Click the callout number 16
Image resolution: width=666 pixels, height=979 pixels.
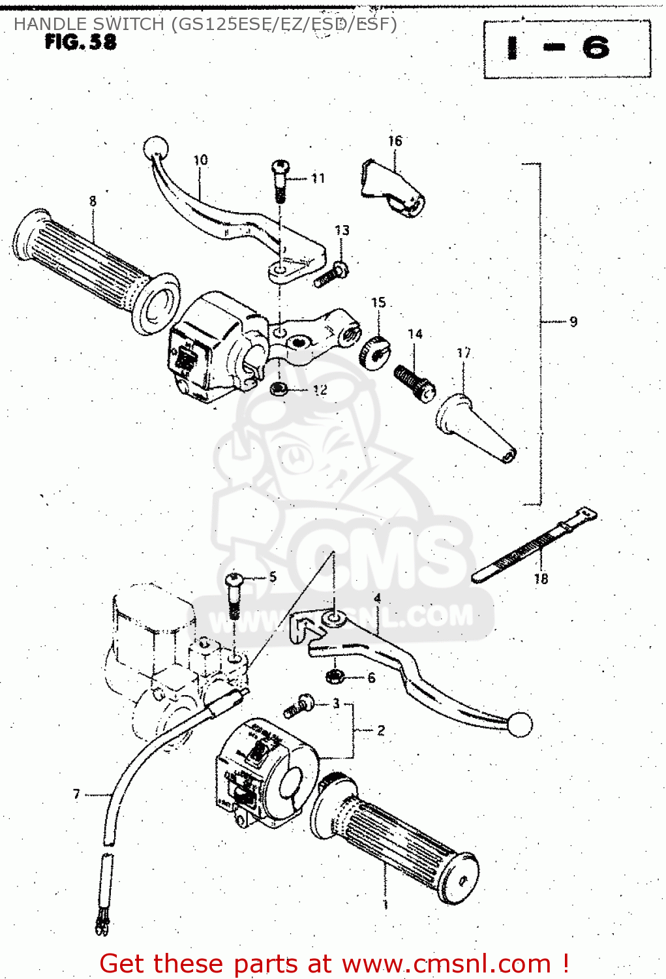395,141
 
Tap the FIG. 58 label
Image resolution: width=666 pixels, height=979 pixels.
81,42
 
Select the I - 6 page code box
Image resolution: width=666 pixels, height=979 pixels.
566,49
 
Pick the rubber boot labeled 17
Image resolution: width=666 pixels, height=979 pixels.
475,428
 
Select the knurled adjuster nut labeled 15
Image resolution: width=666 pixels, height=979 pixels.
373,352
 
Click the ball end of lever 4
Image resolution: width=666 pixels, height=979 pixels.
521,724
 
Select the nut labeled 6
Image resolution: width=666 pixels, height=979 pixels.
335,676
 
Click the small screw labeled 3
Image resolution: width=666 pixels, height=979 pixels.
300,706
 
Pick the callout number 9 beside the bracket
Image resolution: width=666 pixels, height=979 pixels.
573,322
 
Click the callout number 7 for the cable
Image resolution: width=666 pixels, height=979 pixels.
76,794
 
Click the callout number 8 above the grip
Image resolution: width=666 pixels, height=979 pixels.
93,201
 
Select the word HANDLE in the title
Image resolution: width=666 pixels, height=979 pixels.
51,24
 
